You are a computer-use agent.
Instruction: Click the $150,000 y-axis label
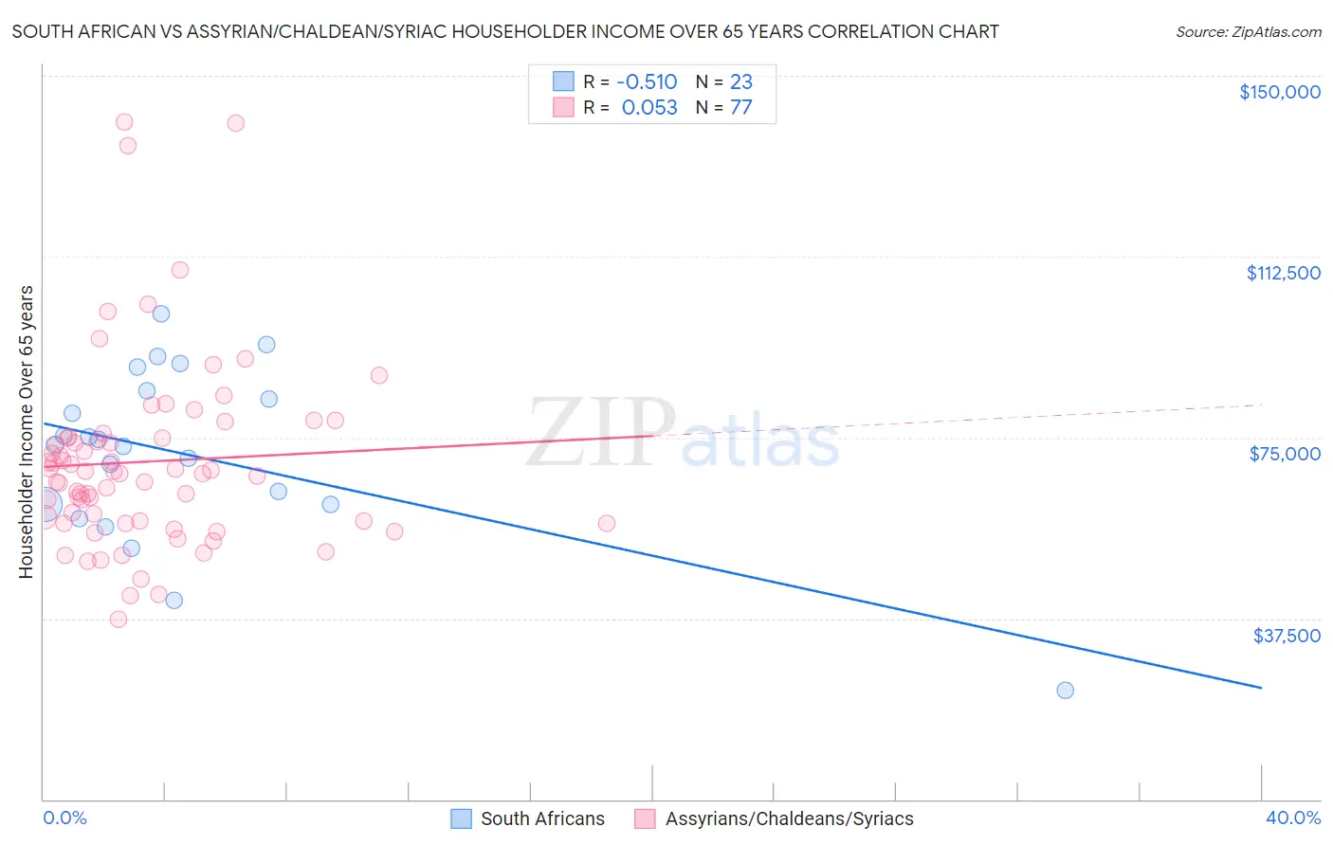point(1279,92)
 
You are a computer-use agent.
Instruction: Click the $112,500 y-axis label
point(1283,273)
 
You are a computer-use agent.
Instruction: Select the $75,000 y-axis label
point(1285,454)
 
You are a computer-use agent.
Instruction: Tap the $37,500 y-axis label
point(1287,636)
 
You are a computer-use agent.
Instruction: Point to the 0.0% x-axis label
point(64,818)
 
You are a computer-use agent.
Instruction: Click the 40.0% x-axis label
point(1292,818)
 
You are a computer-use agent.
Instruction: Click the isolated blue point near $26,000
point(1065,691)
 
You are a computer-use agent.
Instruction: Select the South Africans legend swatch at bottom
point(461,819)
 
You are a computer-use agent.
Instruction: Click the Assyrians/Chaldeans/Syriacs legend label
point(789,819)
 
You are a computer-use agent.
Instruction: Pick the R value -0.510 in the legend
point(647,82)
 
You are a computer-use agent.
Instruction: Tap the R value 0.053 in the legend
point(649,108)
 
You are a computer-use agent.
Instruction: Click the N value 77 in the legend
point(740,108)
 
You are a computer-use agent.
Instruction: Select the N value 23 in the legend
point(740,82)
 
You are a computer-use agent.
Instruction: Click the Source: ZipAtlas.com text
point(1248,32)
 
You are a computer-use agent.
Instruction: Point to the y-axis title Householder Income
point(27,431)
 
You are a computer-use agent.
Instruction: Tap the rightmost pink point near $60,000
point(607,523)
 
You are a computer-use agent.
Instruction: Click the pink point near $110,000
point(180,270)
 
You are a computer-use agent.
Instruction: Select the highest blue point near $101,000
point(161,314)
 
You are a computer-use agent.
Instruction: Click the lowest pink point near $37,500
point(119,620)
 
